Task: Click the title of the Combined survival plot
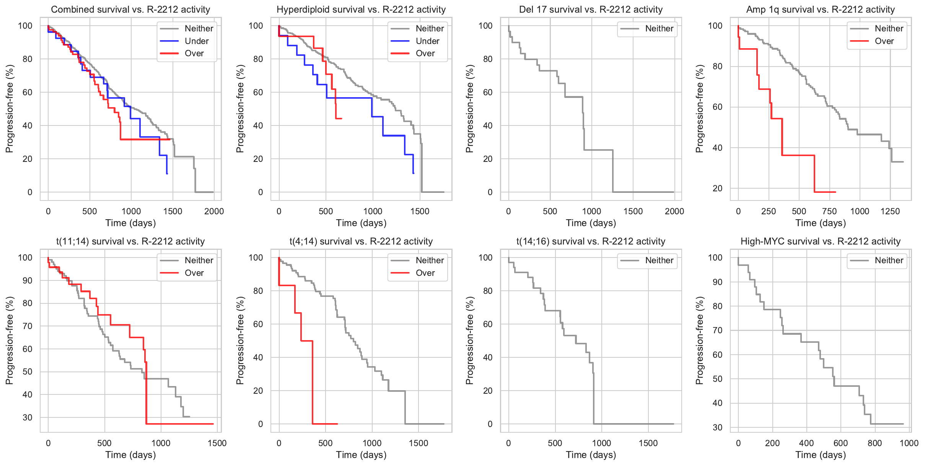(130, 10)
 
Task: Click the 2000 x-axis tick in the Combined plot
(214, 211)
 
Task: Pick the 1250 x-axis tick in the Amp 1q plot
(890, 211)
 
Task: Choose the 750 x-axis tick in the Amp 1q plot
(829, 211)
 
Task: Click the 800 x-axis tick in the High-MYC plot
(875, 443)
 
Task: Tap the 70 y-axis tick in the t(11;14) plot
(28, 326)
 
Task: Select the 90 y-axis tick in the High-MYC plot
(718, 282)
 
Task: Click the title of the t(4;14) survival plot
(361, 241)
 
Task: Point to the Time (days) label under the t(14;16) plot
(591, 455)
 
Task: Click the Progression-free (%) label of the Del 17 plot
(470, 109)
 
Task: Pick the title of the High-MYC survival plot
(821, 241)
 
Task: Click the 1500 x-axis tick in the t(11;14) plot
(217, 443)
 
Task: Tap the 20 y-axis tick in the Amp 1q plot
(718, 188)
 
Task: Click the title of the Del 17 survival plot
(591, 10)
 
